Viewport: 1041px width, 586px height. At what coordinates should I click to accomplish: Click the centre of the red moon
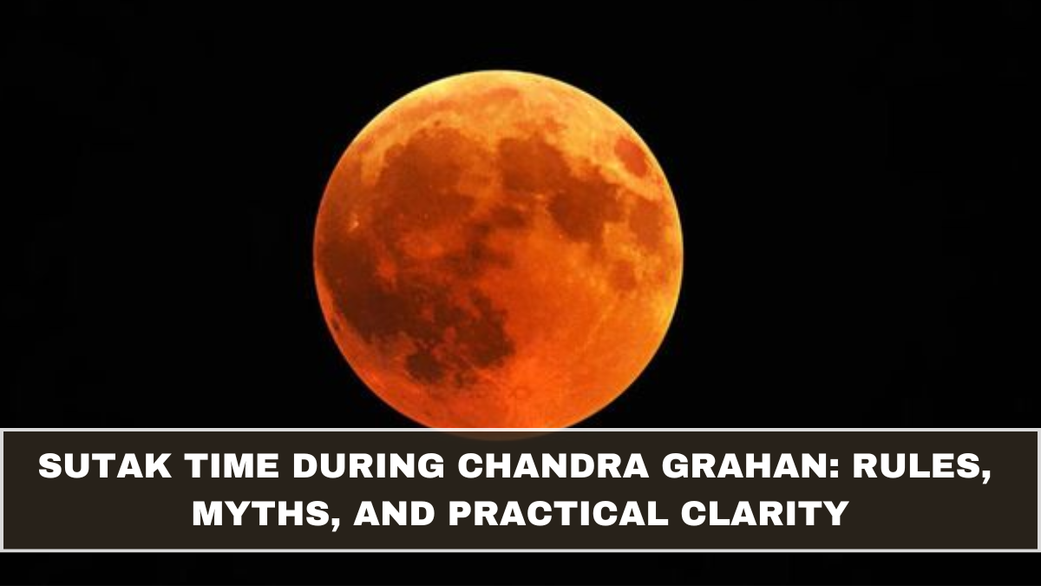[498, 249]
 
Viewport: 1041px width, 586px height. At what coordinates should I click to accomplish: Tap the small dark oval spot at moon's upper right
[631, 156]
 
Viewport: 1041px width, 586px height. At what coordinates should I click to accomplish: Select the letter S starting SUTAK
[49, 471]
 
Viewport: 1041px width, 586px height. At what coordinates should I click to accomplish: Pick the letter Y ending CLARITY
[836, 514]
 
